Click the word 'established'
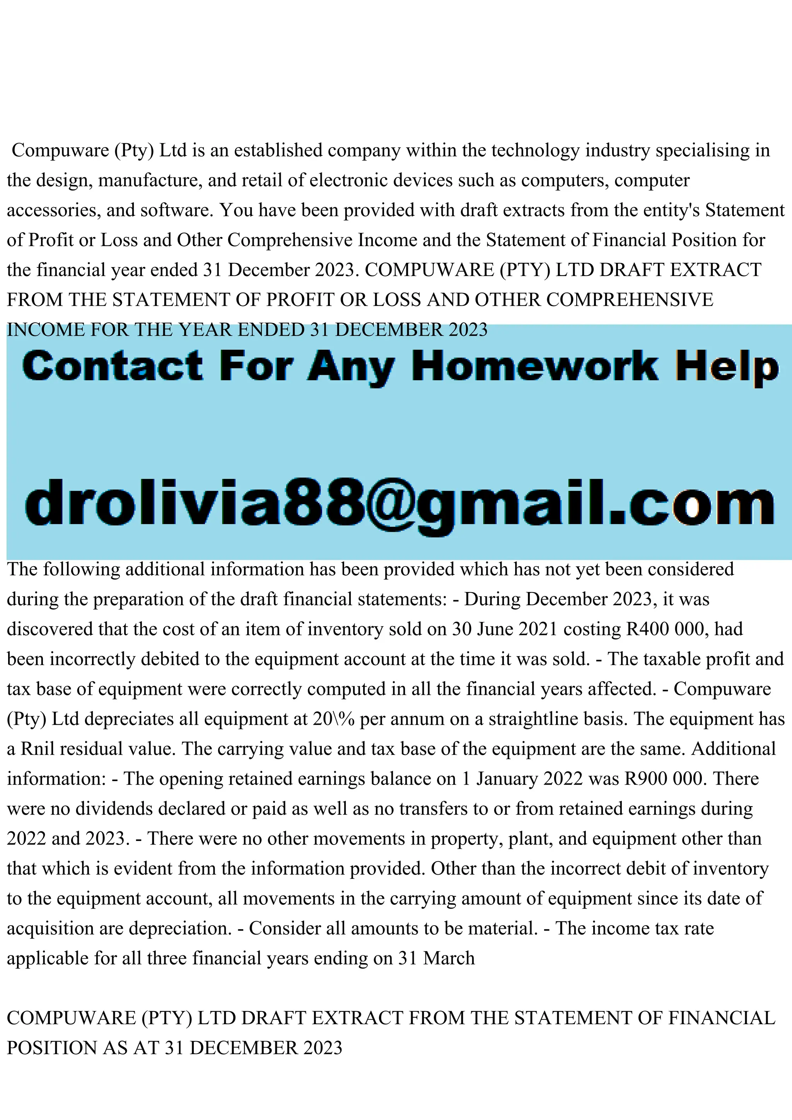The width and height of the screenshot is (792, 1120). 278,150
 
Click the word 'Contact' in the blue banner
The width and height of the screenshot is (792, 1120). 112,367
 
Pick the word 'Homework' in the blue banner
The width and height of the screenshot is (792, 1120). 535,367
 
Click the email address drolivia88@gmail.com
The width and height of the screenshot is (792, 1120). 399,502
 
